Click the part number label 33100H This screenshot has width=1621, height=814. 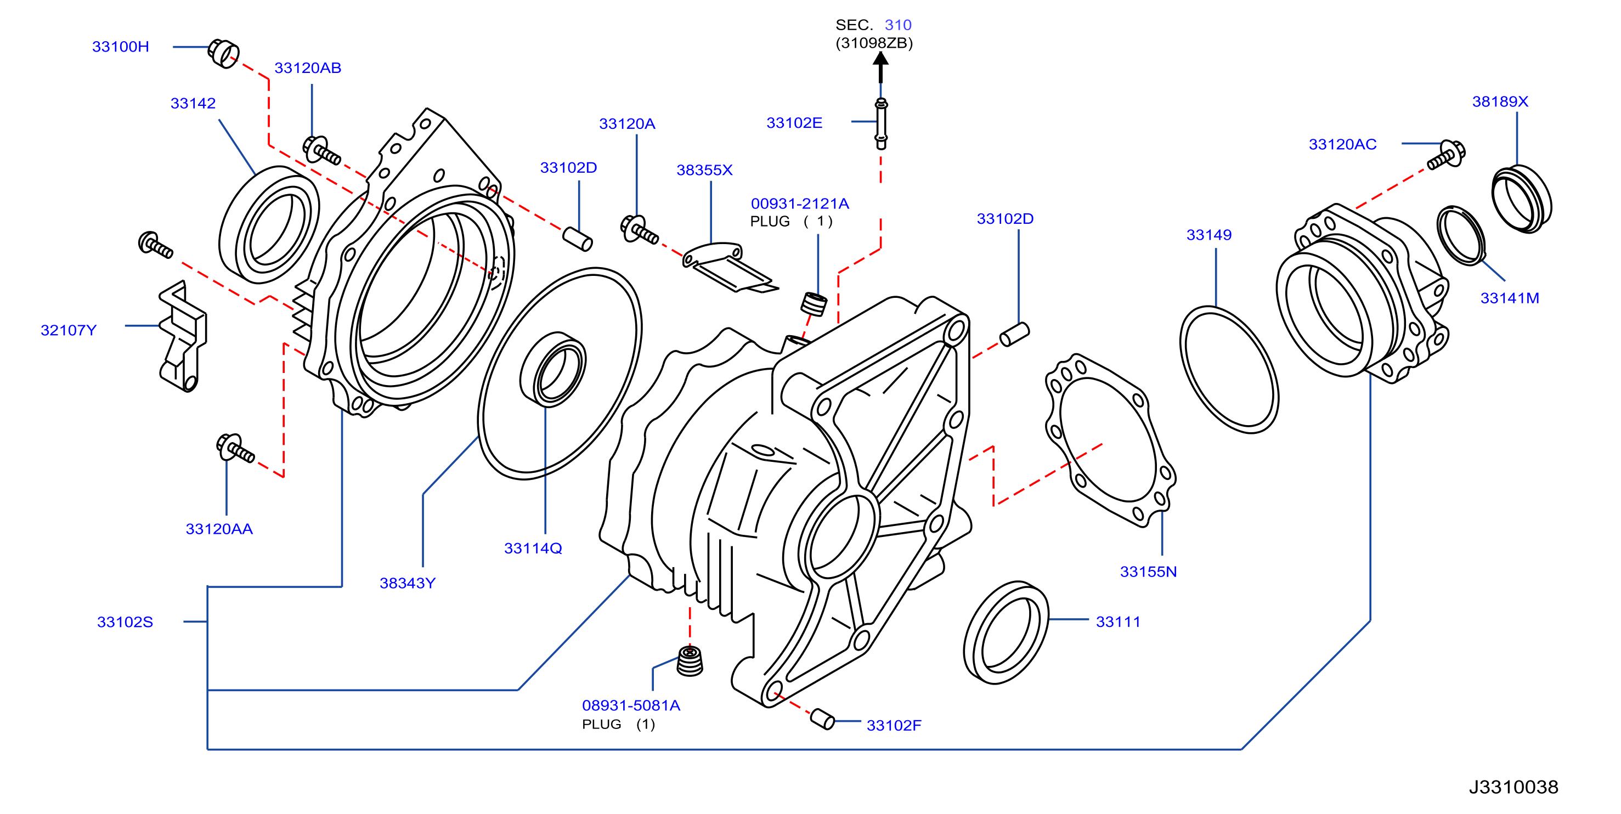click(x=120, y=47)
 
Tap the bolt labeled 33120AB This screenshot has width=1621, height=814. click(x=321, y=150)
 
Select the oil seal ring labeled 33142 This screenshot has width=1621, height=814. click(x=269, y=224)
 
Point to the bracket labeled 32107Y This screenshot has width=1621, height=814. click(x=183, y=336)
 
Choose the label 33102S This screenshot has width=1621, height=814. click(x=125, y=622)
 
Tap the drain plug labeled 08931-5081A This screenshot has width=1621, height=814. click(x=690, y=660)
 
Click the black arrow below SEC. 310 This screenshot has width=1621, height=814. click(x=880, y=67)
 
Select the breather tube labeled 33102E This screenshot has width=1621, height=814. click(x=881, y=123)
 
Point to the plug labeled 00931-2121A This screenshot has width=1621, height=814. click(x=814, y=304)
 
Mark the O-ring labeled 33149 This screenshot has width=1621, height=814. click(x=1229, y=370)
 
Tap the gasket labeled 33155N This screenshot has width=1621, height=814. click(x=1111, y=440)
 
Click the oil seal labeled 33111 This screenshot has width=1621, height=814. click(x=1006, y=632)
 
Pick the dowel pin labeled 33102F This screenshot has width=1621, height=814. click(x=822, y=719)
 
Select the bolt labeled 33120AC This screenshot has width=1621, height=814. click(x=1446, y=155)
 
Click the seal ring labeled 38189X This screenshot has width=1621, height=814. click(x=1522, y=199)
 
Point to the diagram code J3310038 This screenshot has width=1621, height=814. click(x=1513, y=787)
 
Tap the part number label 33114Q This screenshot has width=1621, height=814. click(x=533, y=549)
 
